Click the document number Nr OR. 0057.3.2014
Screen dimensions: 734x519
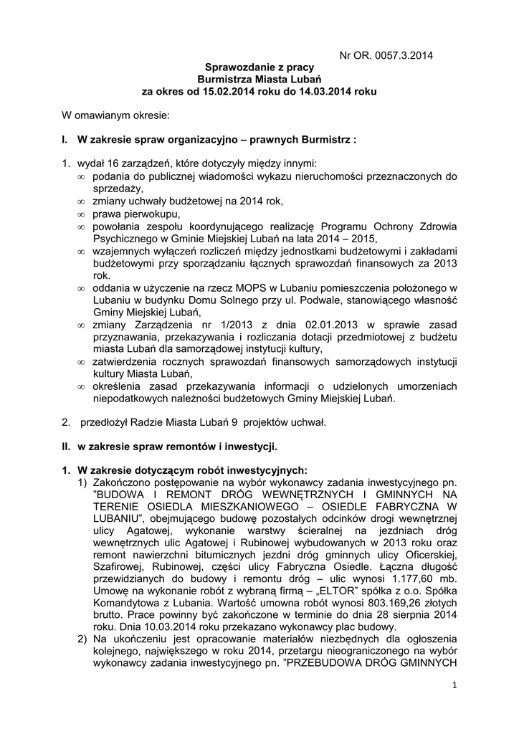tap(386, 54)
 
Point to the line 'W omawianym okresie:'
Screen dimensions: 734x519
tap(115, 115)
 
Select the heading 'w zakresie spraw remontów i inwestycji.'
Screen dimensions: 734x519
tap(177, 447)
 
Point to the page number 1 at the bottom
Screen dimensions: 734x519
tap(454, 686)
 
